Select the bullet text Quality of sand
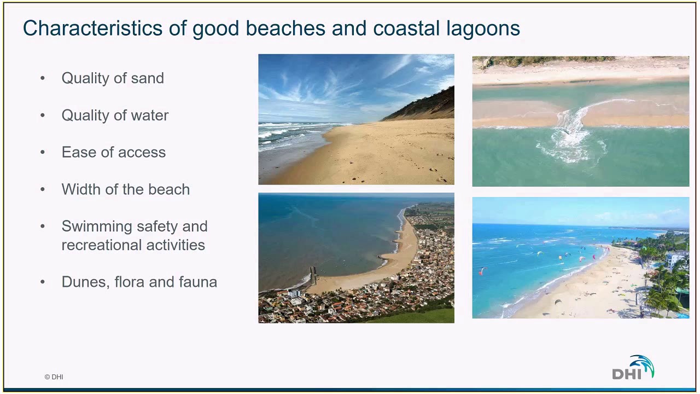tap(113, 78)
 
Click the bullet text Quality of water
tap(115, 115)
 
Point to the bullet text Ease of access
tap(113, 152)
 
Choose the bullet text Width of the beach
tap(125, 189)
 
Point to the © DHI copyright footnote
tap(54, 377)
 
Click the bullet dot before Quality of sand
tap(43, 78)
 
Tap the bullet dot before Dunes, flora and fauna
tap(43, 282)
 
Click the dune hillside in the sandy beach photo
tap(427, 107)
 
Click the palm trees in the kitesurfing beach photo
tap(664, 285)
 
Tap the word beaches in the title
tap(286, 28)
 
